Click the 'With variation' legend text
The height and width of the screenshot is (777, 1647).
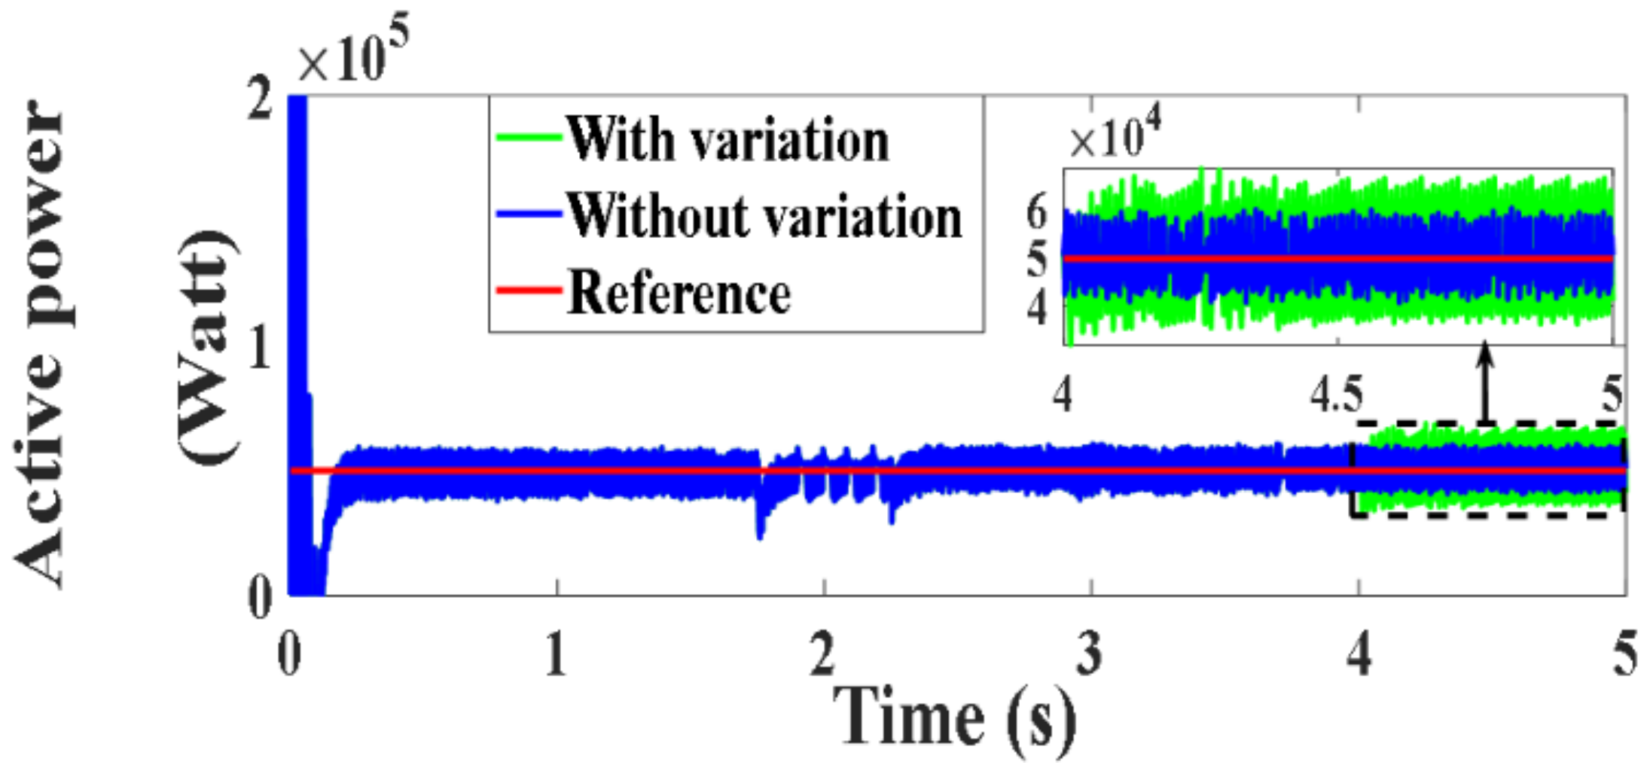(727, 140)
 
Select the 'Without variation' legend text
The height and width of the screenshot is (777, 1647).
(764, 216)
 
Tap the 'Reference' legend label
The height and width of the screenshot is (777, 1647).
(679, 293)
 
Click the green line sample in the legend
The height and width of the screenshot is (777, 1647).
(529, 138)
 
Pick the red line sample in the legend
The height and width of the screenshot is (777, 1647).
(529, 290)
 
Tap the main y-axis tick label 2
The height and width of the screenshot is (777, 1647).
(260, 99)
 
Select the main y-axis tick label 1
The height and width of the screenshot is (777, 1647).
(260, 348)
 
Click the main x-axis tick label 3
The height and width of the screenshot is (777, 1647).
(1090, 654)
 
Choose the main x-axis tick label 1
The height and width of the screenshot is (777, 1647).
(556, 654)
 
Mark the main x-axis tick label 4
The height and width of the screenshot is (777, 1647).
(1359, 654)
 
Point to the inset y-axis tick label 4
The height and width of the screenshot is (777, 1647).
(1038, 307)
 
